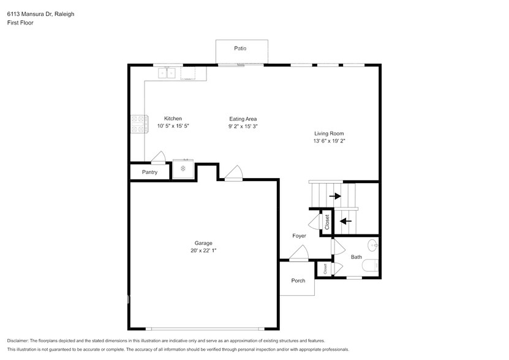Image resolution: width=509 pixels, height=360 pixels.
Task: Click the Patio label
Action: [241, 48]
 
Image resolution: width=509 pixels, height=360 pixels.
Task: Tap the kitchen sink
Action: [167, 73]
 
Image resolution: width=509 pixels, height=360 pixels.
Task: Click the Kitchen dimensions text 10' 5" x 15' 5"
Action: [173, 126]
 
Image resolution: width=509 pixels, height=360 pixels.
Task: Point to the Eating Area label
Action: [243, 119]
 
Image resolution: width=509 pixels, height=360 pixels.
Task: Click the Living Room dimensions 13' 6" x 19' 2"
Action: [329, 141]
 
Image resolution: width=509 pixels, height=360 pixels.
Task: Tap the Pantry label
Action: [149, 172]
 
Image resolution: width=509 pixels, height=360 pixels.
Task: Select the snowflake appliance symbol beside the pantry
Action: [183, 168]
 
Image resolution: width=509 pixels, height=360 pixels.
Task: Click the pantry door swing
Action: [158, 157]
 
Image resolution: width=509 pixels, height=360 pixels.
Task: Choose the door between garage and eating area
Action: [233, 173]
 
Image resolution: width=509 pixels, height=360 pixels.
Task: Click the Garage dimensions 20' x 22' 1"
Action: [203, 250]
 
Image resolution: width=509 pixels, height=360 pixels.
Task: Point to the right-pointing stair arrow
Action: [335, 196]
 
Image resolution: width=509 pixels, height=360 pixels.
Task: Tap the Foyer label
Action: [298, 236]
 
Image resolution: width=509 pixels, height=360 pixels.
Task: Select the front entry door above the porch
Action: [299, 253]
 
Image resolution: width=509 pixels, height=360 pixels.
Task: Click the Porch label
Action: [298, 281]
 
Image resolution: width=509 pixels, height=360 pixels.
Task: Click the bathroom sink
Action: [375, 246]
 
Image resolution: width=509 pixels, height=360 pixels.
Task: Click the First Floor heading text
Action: [20, 23]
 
